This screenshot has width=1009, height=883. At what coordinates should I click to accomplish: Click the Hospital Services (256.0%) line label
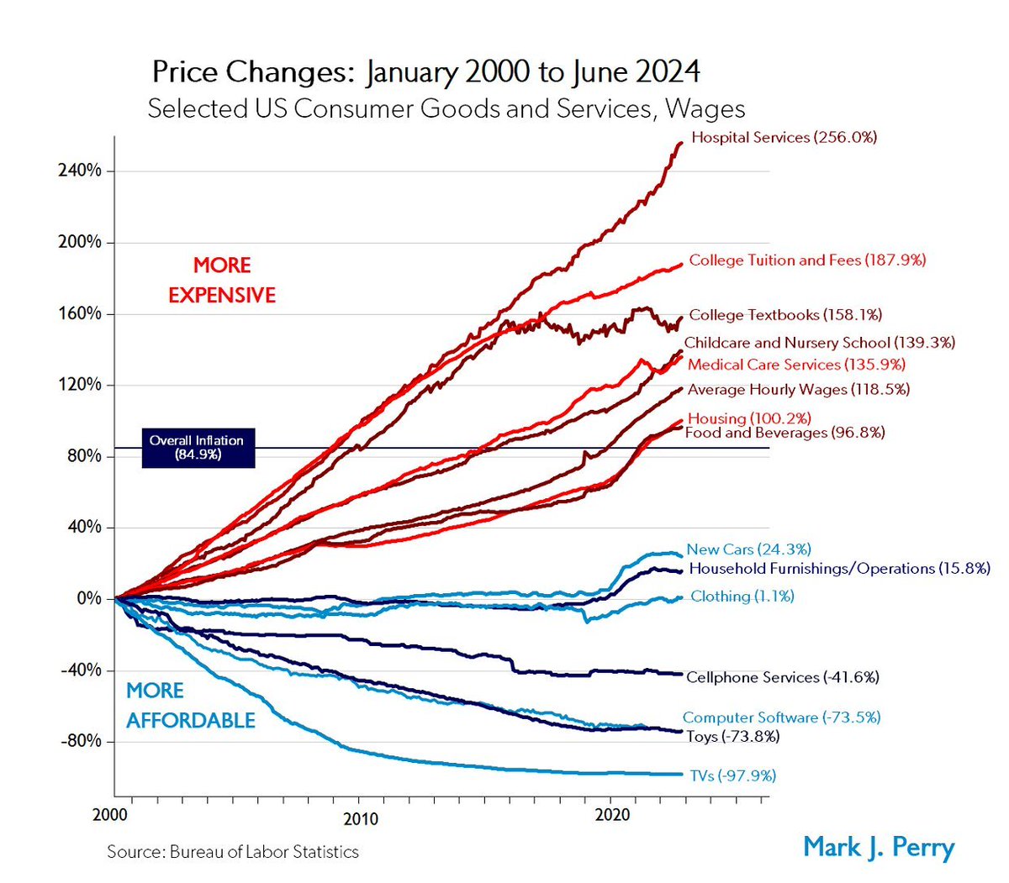[784, 137]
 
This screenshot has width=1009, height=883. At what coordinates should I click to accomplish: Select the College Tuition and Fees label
[807, 260]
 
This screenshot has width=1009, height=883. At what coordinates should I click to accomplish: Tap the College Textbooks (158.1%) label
[785, 315]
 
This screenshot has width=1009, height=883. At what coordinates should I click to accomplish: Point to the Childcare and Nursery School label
[819, 343]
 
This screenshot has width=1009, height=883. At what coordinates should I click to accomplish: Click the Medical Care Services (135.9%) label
[796, 365]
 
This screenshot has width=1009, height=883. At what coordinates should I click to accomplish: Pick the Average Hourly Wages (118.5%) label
[798, 390]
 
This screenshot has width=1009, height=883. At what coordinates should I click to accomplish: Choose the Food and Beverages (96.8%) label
[784, 433]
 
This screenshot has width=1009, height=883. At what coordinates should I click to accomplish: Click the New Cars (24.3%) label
[748, 549]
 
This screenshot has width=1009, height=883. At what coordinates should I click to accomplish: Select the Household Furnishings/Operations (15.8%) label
[839, 569]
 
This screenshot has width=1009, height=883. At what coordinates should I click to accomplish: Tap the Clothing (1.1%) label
[742, 597]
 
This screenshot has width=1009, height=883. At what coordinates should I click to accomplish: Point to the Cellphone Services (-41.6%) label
[782, 677]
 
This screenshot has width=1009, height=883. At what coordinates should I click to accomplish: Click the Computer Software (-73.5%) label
[781, 717]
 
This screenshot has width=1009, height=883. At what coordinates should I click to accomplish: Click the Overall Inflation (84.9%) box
[197, 448]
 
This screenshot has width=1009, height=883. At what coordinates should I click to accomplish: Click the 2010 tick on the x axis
[360, 817]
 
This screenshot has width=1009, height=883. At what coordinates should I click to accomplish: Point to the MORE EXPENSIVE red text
[222, 281]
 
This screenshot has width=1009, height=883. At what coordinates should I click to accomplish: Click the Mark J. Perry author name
[879, 846]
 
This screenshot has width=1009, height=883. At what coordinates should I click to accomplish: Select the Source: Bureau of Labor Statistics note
[233, 852]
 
